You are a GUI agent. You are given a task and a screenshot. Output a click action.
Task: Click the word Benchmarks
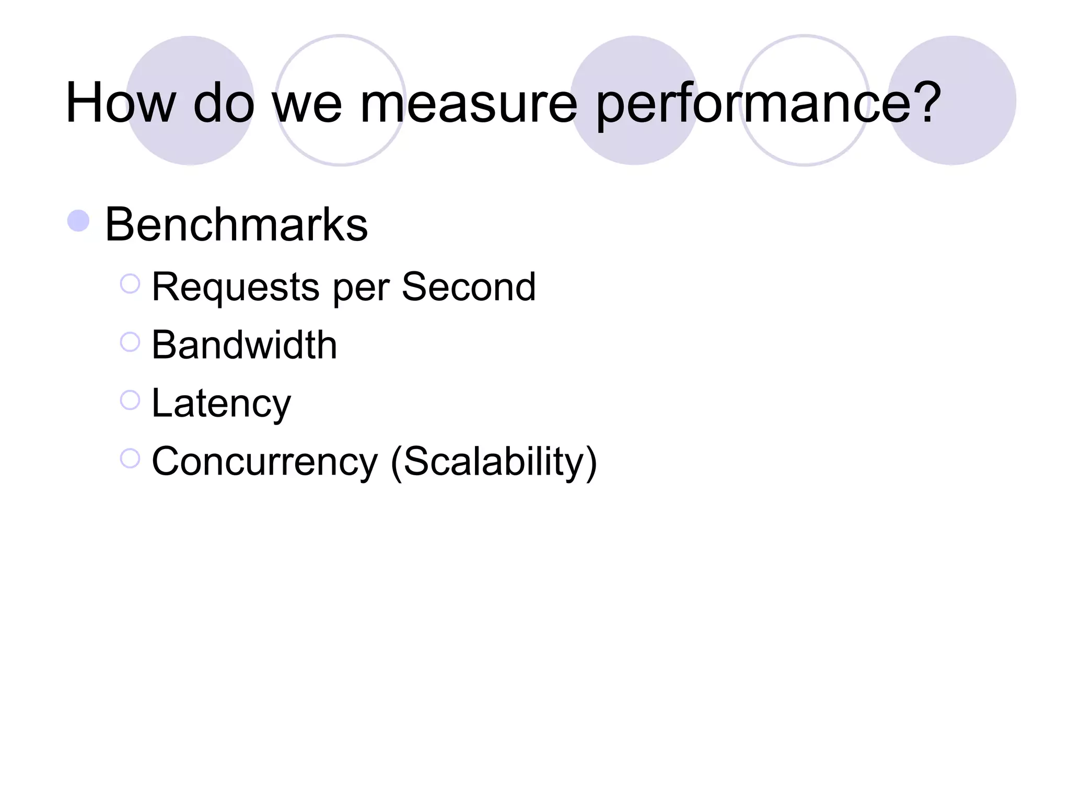(236, 224)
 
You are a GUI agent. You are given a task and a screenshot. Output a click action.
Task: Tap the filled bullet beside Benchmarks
(79, 221)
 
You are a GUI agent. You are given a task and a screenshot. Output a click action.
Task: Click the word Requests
(235, 287)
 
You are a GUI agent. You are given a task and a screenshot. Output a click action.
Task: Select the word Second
(469, 287)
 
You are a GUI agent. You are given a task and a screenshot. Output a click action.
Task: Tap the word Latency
(221, 404)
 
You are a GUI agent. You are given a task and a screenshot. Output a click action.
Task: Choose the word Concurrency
(264, 462)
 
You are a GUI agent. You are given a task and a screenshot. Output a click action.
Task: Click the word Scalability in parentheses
(494, 462)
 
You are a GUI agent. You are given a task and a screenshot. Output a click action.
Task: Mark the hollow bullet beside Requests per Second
(130, 284)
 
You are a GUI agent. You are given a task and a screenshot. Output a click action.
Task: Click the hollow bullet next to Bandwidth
(130, 342)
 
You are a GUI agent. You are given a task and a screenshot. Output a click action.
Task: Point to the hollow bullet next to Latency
(130, 400)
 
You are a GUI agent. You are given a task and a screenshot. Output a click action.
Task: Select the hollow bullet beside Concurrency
(130, 458)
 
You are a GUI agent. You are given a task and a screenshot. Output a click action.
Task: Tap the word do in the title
(224, 103)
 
